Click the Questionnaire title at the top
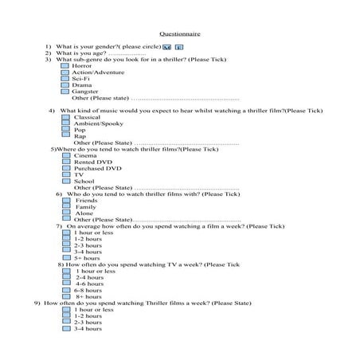click(180, 35)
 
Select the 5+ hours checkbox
click(67, 258)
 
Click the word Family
click(85, 206)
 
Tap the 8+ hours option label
click(88, 296)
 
